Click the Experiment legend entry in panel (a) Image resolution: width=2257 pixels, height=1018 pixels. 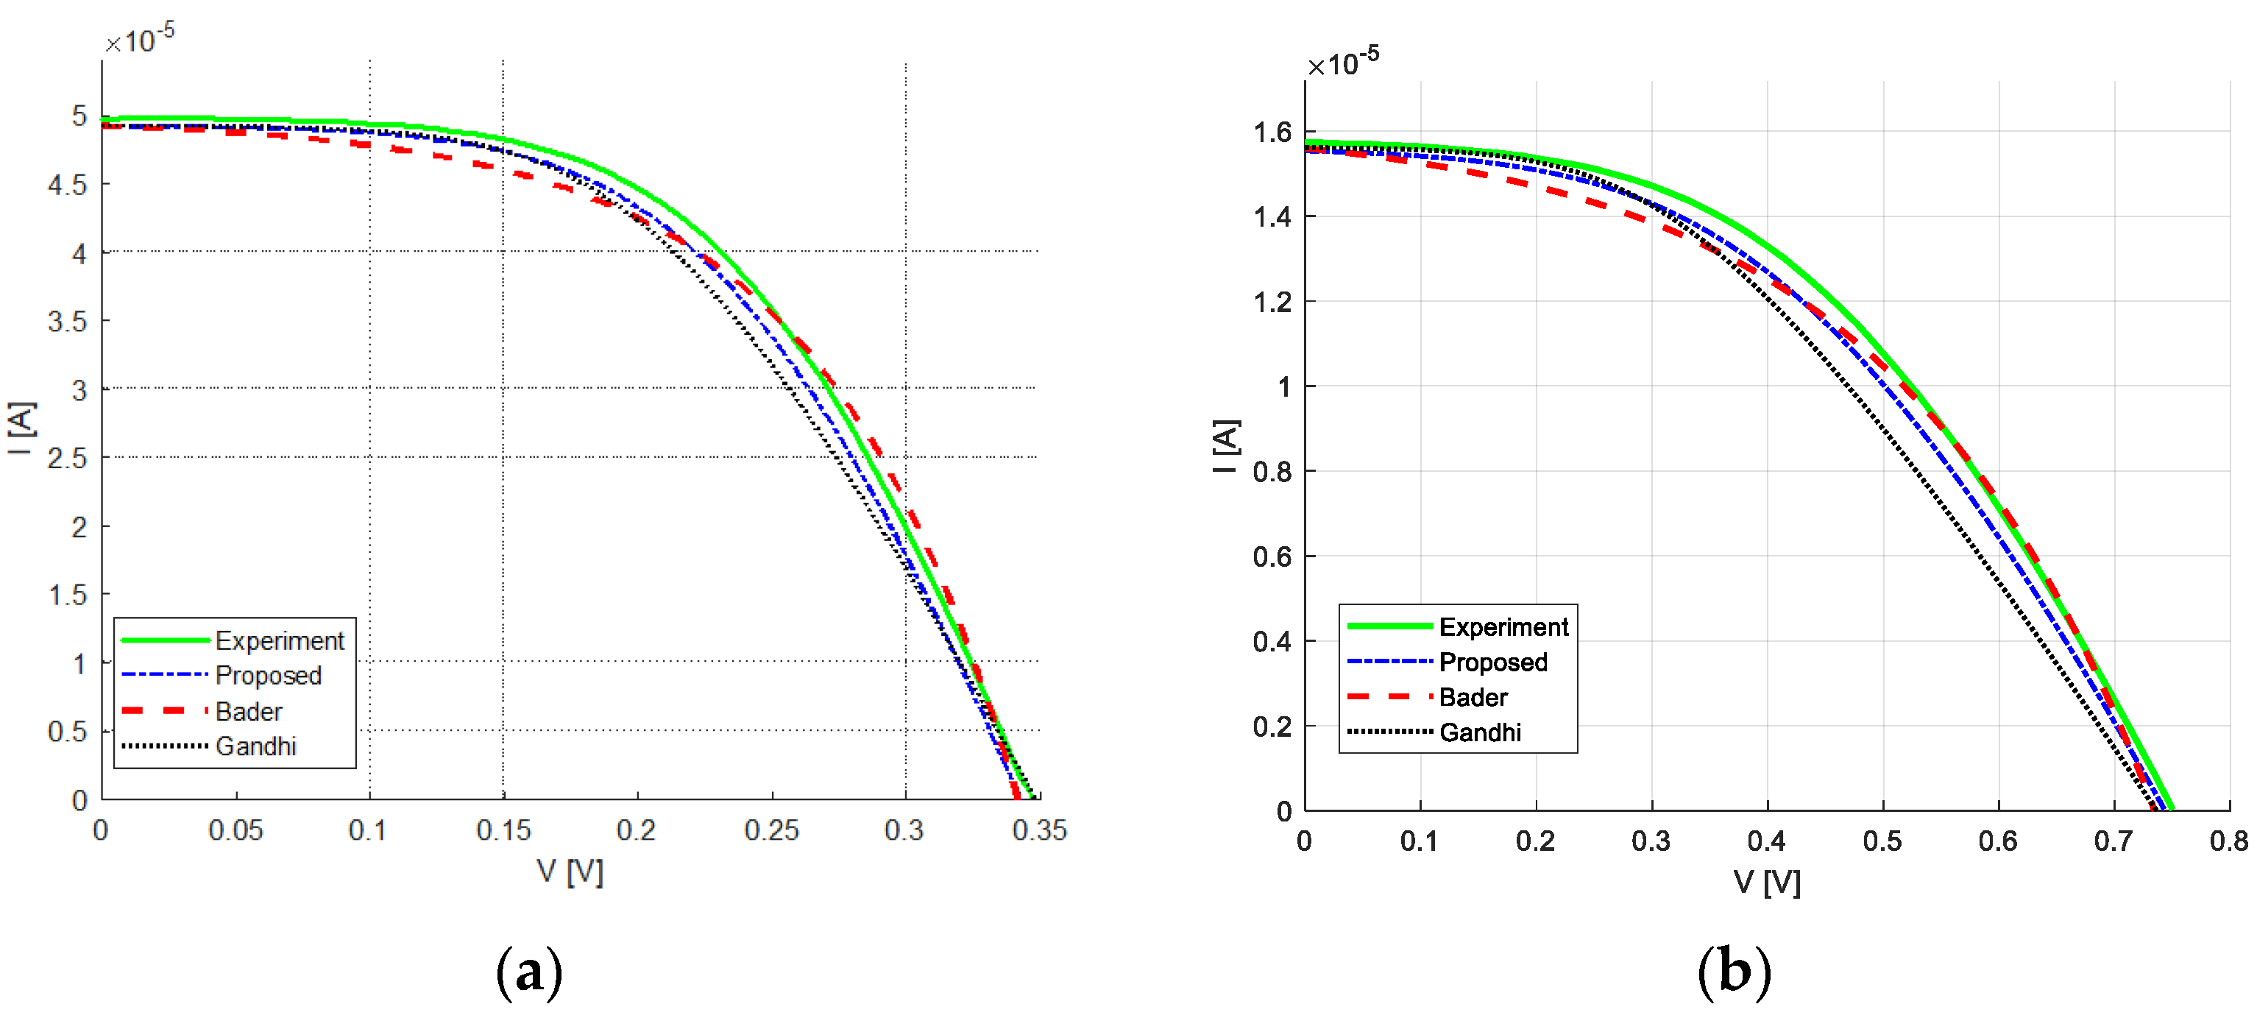[279, 640]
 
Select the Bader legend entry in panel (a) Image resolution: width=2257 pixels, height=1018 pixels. [249, 711]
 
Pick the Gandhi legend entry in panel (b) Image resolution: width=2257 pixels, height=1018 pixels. [1480, 732]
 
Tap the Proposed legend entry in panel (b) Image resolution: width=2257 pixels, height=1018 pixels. [1493, 662]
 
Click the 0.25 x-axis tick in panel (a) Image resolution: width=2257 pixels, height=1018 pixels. [771, 830]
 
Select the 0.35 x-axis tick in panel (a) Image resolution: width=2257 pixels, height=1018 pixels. [1039, 830]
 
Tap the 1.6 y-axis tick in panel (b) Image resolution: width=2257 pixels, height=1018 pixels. [1272, 132]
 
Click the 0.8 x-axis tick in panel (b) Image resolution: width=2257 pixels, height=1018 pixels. [2228, 841]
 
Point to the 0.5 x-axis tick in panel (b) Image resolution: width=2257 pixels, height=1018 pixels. [1882, 841]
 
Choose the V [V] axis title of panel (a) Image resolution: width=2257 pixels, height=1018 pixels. [570, 872]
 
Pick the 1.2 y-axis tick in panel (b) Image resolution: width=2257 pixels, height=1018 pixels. [1272, 303]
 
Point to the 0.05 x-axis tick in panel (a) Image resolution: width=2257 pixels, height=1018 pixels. [235, 830]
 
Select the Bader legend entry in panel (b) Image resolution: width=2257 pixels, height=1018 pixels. [1473, 697]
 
